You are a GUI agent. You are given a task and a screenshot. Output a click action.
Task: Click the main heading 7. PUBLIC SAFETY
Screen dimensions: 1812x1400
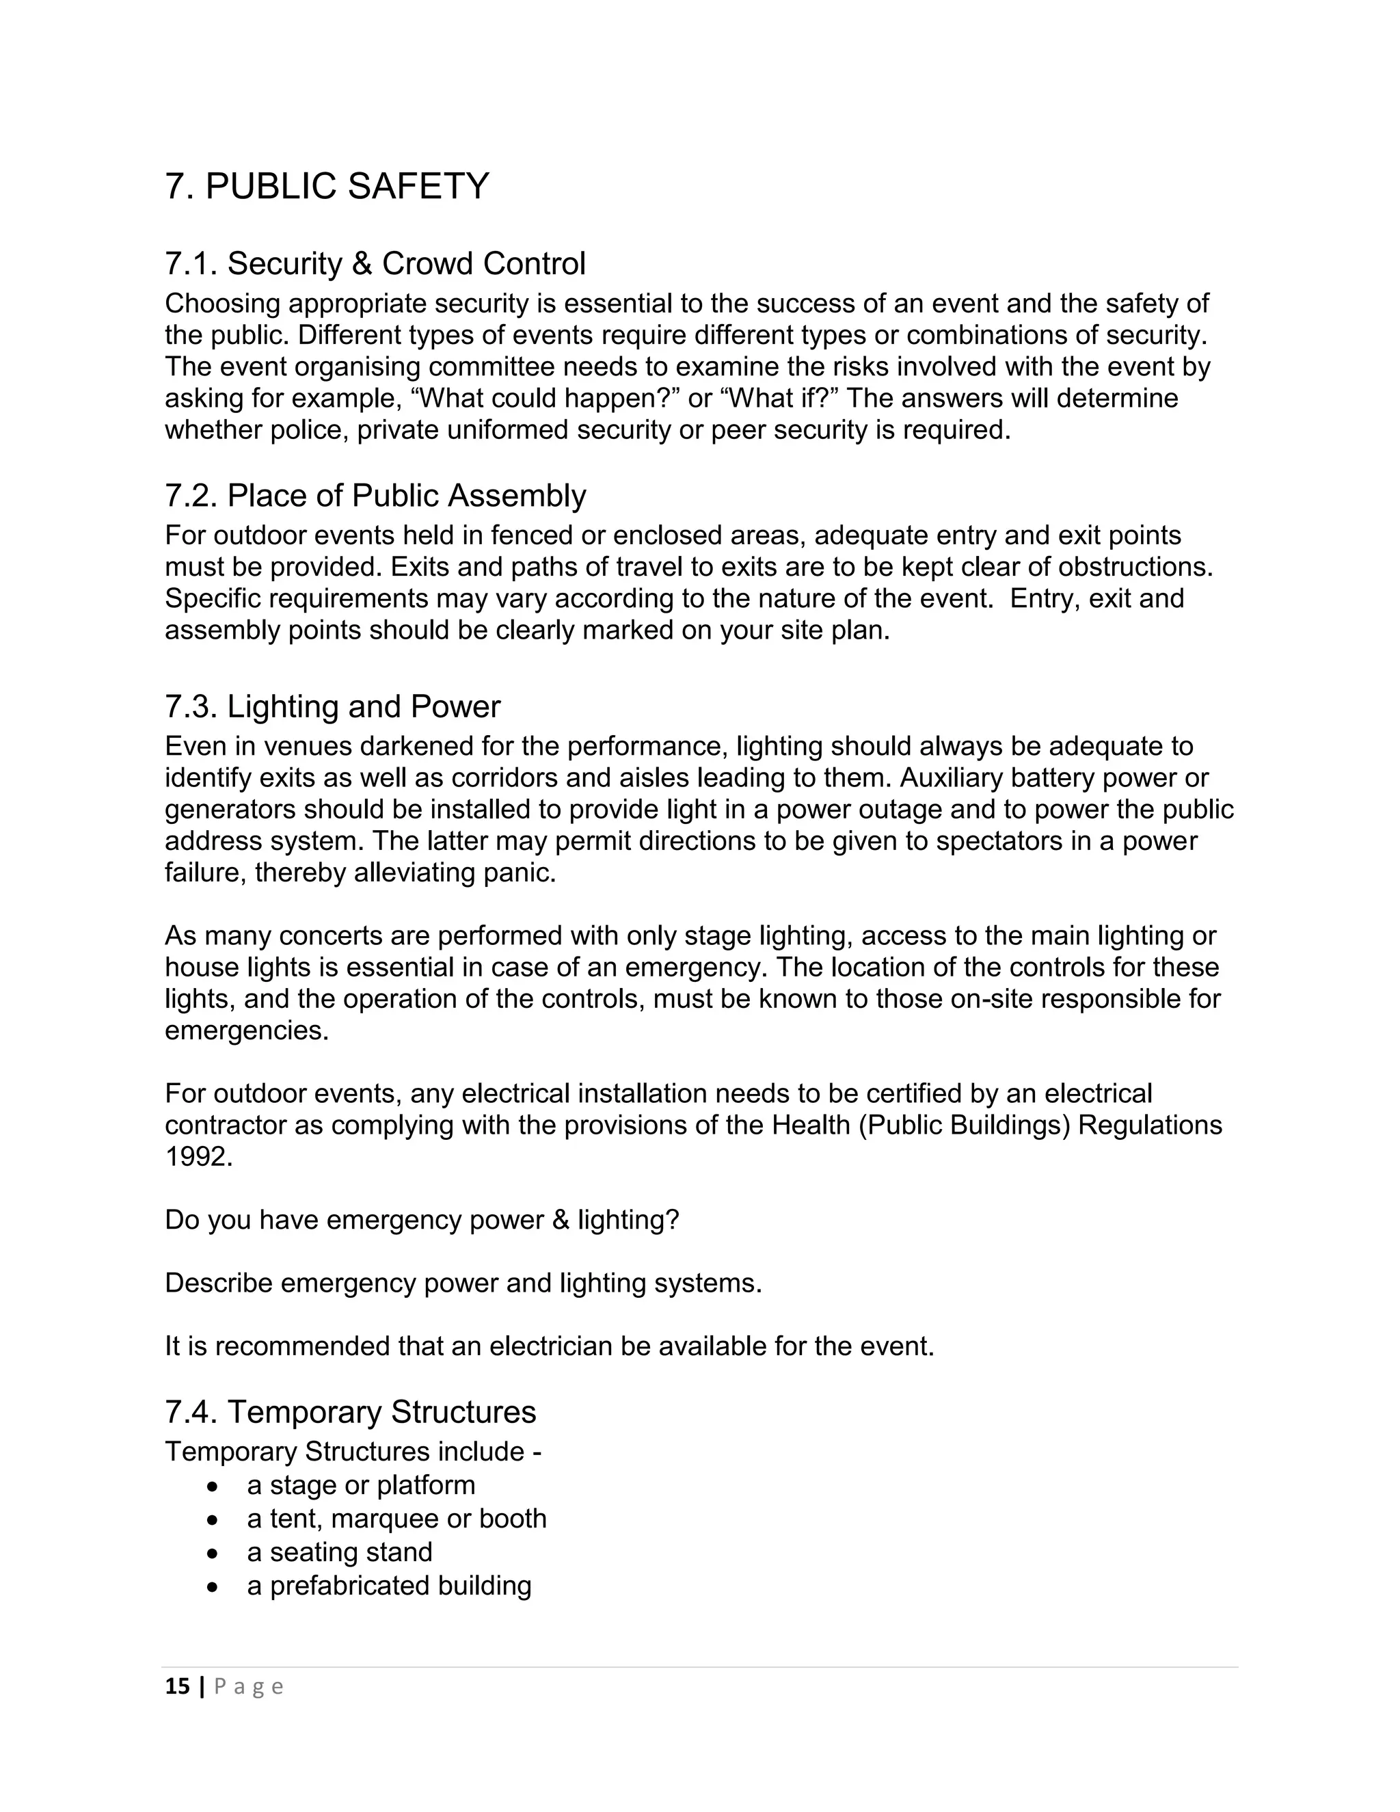[x=327, y=186]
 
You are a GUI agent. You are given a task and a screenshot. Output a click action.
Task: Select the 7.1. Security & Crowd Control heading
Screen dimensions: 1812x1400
[x=375, y=264]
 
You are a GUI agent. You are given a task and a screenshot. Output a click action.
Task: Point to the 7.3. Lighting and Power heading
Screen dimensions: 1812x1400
[x=333, y=706]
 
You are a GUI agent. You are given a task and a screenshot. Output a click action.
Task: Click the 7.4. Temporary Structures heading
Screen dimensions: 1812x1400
[x=350, y=1411]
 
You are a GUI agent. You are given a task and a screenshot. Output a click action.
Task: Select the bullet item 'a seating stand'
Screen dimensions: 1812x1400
[x=339, y=1551]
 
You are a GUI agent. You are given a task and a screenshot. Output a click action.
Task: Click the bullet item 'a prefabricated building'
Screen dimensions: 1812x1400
[x=389, y=1586]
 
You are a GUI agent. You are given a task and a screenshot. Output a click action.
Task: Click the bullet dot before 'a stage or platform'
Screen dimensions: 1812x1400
[x=213, y=1485]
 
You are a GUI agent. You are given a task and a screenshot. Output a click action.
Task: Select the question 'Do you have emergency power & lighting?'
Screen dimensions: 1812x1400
[x=421, y=1220]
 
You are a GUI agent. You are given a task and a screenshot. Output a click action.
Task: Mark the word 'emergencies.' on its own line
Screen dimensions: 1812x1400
[x=246, y=1030]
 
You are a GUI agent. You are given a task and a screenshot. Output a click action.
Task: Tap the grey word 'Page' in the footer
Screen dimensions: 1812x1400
[x=249, y=1687]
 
